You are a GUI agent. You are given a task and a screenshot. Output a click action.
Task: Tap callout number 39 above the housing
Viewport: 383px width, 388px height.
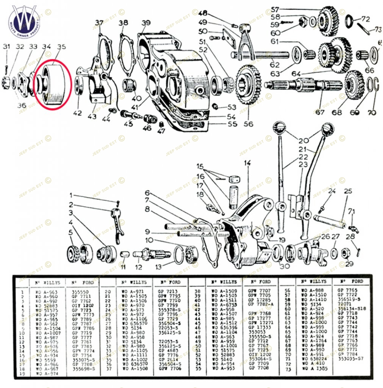tap(146, 23)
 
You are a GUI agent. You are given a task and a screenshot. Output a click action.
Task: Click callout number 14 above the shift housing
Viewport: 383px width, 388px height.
tap(247, 163)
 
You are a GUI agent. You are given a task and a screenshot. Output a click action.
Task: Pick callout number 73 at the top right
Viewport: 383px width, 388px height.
tap(378, 29)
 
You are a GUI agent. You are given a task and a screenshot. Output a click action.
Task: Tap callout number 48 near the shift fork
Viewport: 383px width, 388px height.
tap(203, 14)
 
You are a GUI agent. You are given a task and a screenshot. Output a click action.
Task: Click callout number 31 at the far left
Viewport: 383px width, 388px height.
tap(6, 47)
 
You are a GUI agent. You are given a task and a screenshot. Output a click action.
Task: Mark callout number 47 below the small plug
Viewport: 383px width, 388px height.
tap(162, 131)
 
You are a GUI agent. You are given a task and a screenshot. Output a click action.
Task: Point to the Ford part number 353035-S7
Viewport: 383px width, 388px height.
tap(350, 358)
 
